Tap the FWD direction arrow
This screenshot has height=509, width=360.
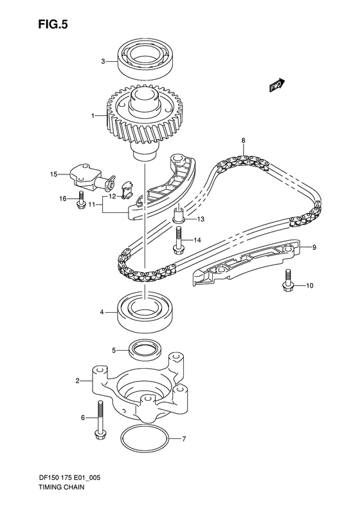tap(277, 84)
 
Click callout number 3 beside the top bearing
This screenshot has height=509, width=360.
tap(102, 62)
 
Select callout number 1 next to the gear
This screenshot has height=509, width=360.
tap(93, 116)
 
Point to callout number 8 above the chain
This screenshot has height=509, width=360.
tap(243, 140)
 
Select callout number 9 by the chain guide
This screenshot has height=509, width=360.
tap(314, 247)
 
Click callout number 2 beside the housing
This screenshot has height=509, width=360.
tap(77, 382)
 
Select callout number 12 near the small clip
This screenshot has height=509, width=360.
tap(111, 196)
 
